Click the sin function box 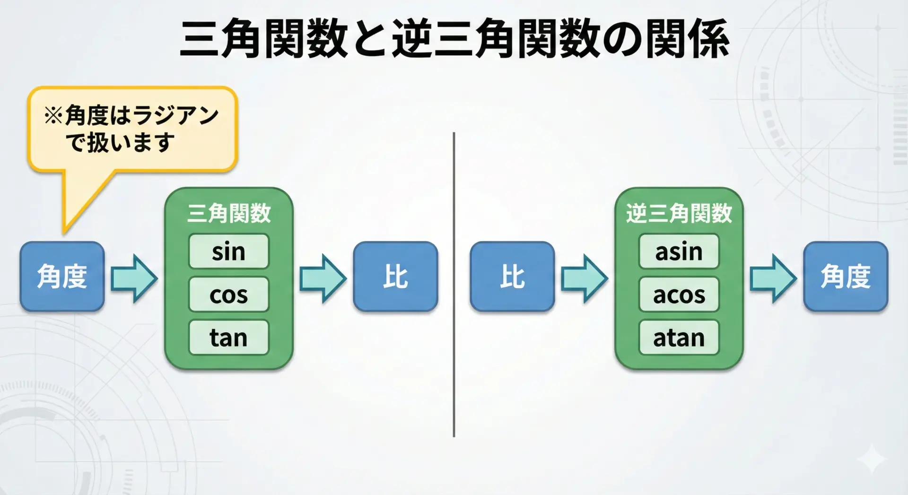[x=229, y=251]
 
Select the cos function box [x=229, y=294]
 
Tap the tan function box [x=229, y=337]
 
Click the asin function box [x=679, y=251]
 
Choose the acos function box [x=679, y=294]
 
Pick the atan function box [x=679, y=337]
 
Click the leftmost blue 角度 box [x=62, y=277]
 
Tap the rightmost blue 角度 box [x=846, y=277]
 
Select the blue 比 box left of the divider [x=395, y=277]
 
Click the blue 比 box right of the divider [x=512, y=277]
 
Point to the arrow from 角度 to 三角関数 [x=134, y=278]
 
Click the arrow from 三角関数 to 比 [x=323, y=278]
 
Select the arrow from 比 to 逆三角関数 [x=585, y=278]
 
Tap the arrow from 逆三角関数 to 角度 [x=773, y=278]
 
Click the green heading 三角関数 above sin [x=229, y=213]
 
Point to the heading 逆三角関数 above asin [x=679, y=213]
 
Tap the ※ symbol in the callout [x=53, y=115]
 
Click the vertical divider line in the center [x=454, y=285]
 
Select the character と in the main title [x=369, y=39]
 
